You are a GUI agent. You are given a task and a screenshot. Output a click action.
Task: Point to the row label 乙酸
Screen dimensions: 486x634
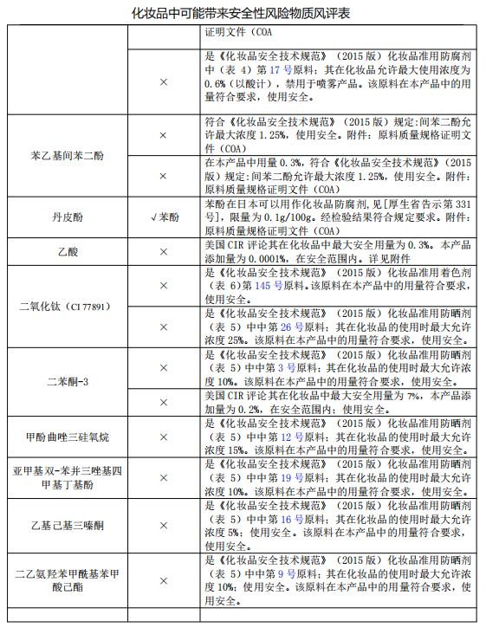pyautogui.click(x=67, y=252)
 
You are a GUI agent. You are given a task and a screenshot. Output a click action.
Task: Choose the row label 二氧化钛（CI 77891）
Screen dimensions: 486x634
pyautogui.click(x=67, y=307)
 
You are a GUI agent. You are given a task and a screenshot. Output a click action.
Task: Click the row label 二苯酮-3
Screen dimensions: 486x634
pyautogui.click(x=67, y=381)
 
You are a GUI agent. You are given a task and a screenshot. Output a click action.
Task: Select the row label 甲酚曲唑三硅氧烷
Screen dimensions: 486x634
pyautogui.click(x=67, y=437)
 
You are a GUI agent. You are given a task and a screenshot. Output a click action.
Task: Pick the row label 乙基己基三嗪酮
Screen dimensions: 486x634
pyautogui.click(x=67, y=526)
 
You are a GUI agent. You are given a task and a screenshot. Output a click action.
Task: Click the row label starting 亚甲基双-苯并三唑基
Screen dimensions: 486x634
pyautogui.click(x=67, y=477)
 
